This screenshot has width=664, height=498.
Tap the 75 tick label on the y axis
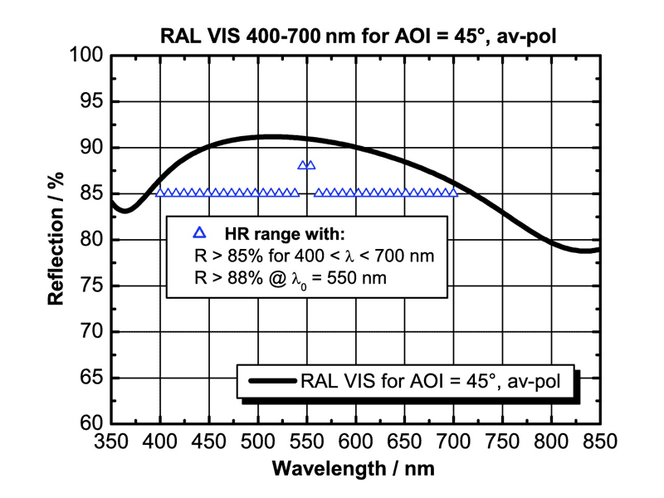point(92,286)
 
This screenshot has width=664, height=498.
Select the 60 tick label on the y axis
point(92,423)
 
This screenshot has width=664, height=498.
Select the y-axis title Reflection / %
point(56,239)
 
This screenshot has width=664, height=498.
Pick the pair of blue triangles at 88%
point(306,165)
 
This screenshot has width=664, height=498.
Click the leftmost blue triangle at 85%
point(160,193)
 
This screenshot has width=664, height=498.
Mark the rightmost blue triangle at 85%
point(453,193)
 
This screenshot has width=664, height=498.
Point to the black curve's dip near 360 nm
point(124,211)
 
